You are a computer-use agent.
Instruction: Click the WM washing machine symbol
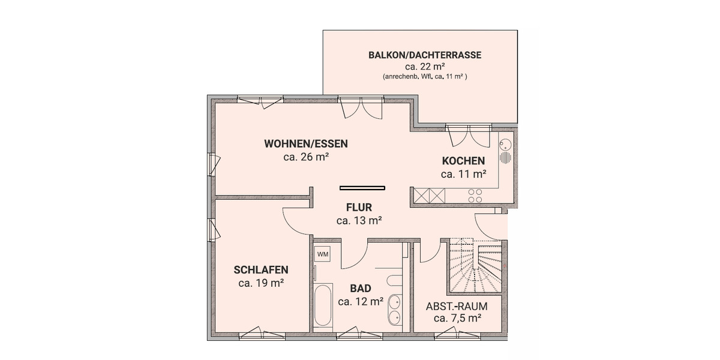pyautogui.click(x=323, y=254)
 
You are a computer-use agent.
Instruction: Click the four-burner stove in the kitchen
pyautogui.click(x=475, y=196)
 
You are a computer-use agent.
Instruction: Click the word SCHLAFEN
pyautogui.click(x=261, y=269)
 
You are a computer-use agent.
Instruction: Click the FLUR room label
pyautogui.click(x=359, y=208)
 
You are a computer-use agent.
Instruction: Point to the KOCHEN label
pyautogui.click(x=463, y=161)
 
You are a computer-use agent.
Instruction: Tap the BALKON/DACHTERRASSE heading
pyautogui.click(x=425, y=55)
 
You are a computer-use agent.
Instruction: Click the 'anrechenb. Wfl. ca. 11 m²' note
pyautogui.click(x=425, y=77)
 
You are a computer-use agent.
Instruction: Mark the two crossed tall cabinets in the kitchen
pyautogui.click(x=430, y=196)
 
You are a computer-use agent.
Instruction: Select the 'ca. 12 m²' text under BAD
pyautogui.click(x=361, y=301)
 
